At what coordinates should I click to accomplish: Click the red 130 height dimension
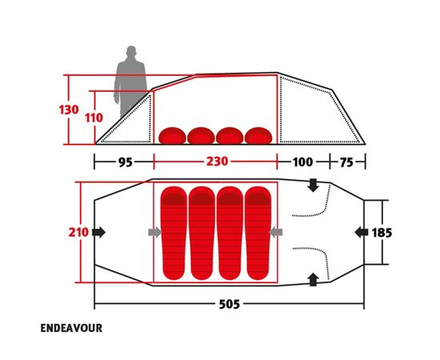click(x=69, y=110)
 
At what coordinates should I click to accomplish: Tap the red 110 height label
click(x=94, y=118)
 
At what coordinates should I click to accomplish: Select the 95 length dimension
click(x=125, y=162)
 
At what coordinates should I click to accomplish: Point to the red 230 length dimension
click(x=217, y=162)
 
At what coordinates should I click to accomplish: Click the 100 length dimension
click(x=302, y=162)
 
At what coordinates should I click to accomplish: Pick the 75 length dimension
click(x=347, y=162)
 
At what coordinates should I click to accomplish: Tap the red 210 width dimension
click(x=78, y=232)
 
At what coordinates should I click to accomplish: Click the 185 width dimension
click(x=382, y=233)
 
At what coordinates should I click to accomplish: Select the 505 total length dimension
click(x=230, y=304)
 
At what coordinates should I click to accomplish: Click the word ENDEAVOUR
click(x=71, y=328)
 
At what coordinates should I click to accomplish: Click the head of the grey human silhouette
click(x=131, y=51)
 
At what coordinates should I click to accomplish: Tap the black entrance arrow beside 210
click(x=98, y=232)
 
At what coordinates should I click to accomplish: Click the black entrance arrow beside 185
click(x=362, y=233)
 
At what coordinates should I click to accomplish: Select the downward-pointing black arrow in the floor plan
click(x=313, y=185)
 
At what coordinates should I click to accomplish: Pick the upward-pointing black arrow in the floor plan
click(x=313, y=279)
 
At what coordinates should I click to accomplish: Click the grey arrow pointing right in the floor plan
click(x=154, y=232)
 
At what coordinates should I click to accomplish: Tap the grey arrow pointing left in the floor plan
click(x=276, y=232)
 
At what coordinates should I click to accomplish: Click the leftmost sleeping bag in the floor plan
click(x=174, y=233)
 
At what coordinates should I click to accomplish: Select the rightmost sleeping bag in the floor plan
click(x=258, y=233)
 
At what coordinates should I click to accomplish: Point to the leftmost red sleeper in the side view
click(x=172, y=135)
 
